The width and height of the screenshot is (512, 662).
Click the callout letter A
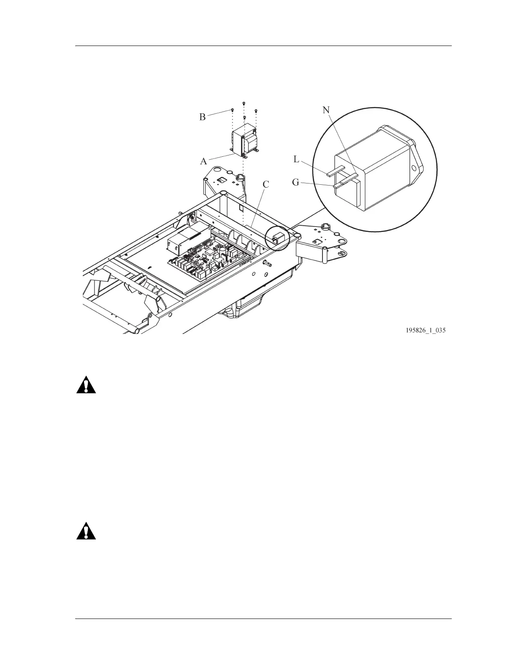pyautogui.click(x=204, y=161)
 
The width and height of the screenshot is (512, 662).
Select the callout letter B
pyautogui.click(x=202, y=117)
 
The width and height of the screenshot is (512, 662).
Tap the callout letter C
pyautogui.click(x=266, y=184)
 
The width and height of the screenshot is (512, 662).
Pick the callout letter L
pyautogui.click(x=297, y=159)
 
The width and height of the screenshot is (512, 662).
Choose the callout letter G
pyautogui.click(x=296, y=183)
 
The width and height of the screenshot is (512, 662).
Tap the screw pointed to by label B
pyautogui.click(x=232, y=110)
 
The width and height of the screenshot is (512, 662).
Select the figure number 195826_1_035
pyautogui.click(x=425, y=331)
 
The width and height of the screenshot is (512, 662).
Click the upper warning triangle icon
pyautogui.click(x=86, y=385)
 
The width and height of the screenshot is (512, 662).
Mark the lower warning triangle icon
pyautogui.click(x=86, y=531)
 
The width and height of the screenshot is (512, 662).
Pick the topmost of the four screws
pyautogui.click(x=243, y=102)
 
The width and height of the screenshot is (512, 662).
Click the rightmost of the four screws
pyautogui.click(x=256, y=111)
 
